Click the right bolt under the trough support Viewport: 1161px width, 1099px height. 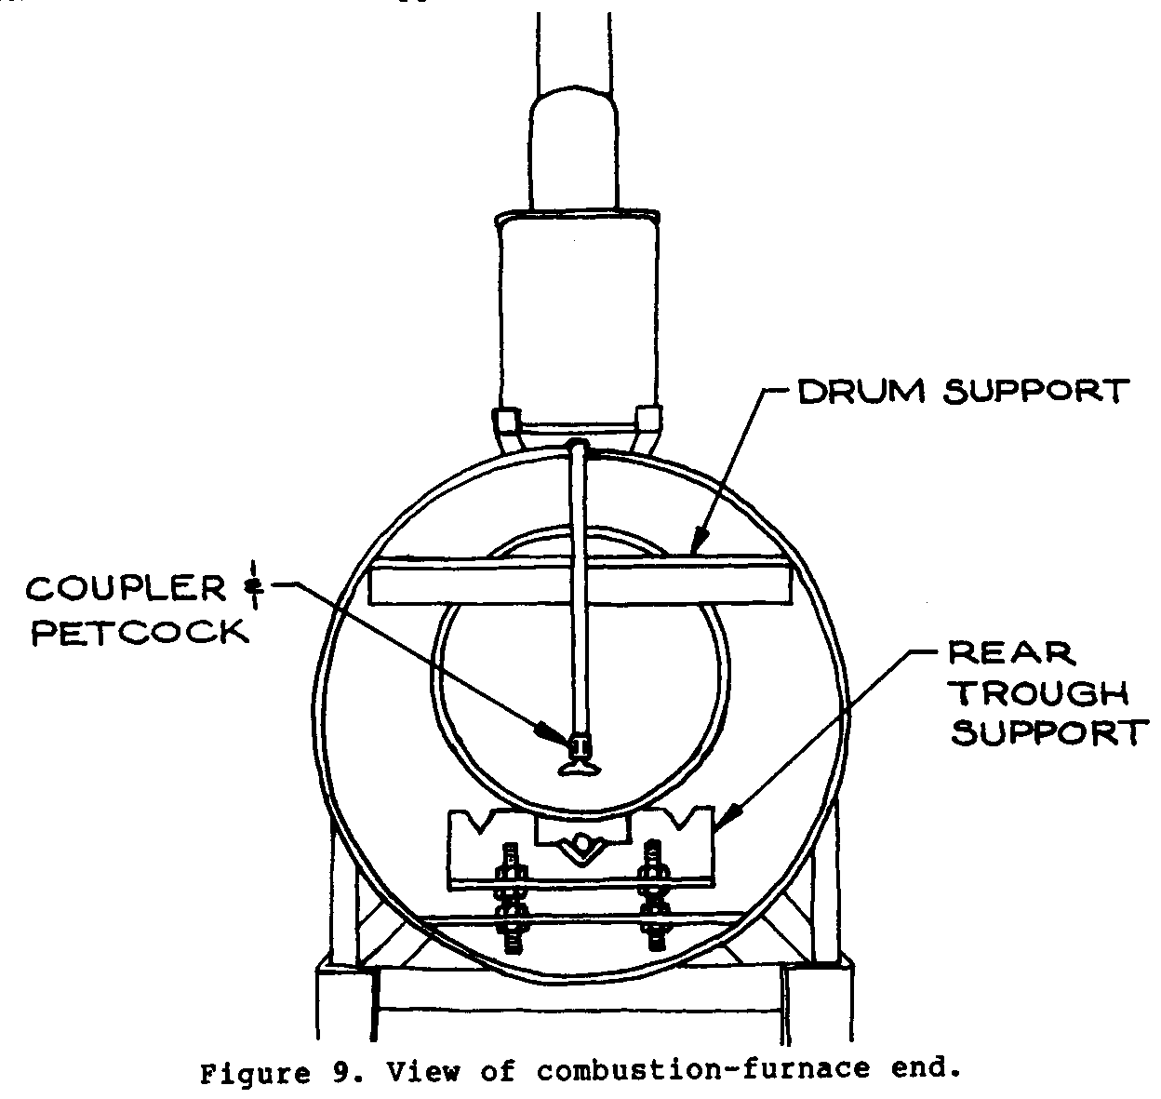pos(648,893)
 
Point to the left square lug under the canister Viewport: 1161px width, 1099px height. pos(509,421)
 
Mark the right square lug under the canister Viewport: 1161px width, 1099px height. pos(647,421)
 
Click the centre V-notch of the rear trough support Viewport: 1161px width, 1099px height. pos(580,845)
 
